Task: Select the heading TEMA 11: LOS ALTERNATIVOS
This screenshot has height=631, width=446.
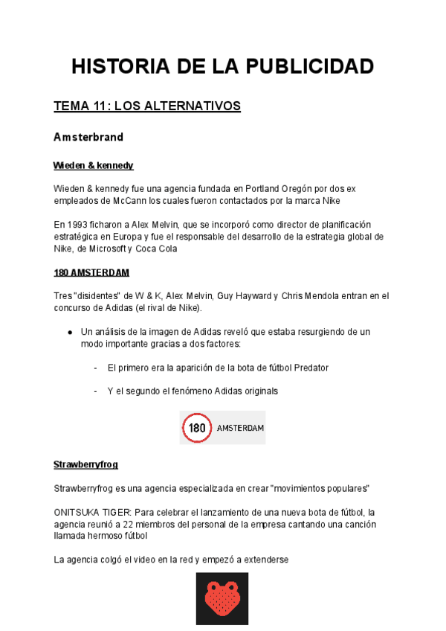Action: point(147,106)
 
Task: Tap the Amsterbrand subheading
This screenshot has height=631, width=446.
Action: point(88,138)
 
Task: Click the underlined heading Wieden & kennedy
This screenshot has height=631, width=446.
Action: point(93,165)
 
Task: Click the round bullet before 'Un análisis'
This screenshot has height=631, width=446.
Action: point(69,332)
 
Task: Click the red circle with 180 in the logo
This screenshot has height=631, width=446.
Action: point(197,428)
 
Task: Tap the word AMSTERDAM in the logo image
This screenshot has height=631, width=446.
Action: point(240,429)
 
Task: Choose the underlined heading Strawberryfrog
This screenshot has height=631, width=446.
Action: point(85,464)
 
